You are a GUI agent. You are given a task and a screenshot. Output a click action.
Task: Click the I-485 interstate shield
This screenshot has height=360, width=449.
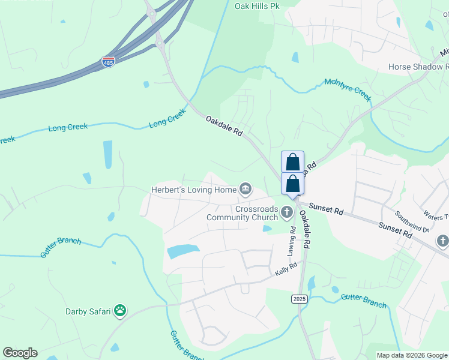pyautogui.click(x=108, y=62)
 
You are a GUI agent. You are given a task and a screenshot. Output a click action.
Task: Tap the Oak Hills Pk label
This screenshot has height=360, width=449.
pyautogui.click(x=257, y=7)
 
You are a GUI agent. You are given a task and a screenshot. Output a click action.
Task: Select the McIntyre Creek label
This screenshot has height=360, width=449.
pyautogui.click(x=348, y=86)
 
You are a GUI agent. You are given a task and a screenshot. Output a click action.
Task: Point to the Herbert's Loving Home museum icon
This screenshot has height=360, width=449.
pyautogui.click(x=246, y=190)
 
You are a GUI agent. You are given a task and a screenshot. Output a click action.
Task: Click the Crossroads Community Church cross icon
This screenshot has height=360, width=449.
pyautogui.click(x=287, y=212)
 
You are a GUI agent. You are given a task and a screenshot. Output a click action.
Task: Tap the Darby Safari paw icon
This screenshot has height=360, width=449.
pyautogui.click(x=121, y=310)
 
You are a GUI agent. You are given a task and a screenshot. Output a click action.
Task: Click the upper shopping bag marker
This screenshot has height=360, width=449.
pyautogui.click(x=292, y=162)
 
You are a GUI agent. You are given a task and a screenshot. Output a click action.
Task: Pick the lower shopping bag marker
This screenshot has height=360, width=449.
pyautogui.click(x=292, y=183)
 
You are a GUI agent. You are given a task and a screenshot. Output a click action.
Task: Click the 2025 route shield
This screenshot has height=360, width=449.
pyautogui.click(x=300, y=298)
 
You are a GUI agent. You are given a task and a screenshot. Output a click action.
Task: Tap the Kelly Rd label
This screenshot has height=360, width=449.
pyautogui.click(x=286, y=269)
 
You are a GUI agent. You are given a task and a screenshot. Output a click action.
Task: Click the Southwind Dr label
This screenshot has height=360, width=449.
pyautogui.click(x=411, y=221)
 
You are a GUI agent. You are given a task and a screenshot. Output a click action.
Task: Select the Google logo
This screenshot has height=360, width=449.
pyautogui.click(x=20, y=353)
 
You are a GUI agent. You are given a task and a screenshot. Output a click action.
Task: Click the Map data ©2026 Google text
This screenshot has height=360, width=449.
pyautogui.click(x=411, y=355)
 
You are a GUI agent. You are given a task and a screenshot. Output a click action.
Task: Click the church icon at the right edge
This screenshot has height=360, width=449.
pyautogui.click(x=442, y=241)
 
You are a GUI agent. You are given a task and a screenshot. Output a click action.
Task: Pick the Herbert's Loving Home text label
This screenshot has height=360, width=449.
pyautogui.click(x=193, y=190)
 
